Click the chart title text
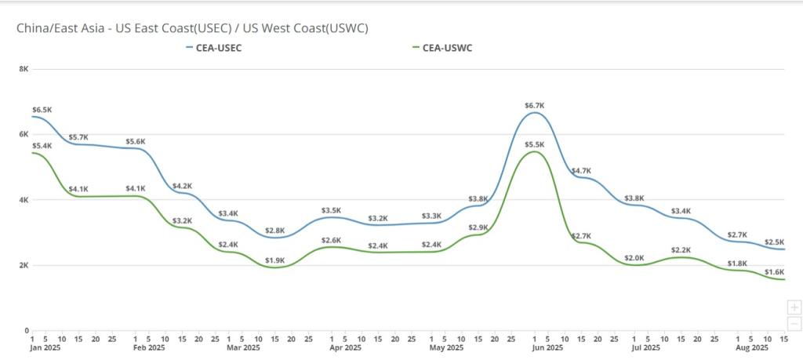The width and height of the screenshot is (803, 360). coord(193,29)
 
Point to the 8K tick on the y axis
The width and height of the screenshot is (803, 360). coord(24,69)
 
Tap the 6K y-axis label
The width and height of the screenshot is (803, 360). coord(24,134)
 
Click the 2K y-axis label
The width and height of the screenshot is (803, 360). coord(24,265)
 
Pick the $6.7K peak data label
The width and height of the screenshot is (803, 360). coord(535,105)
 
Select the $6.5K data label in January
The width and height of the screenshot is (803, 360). coord(42,110)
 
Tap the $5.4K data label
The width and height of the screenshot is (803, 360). coord(42,146)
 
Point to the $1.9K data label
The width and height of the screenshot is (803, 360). coord(274,260)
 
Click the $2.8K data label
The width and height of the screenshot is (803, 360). coord(274,231)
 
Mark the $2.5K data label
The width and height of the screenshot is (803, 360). coord(774,242)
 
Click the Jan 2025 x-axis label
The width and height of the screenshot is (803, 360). coord(44,347)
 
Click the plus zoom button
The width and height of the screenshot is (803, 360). coord(794,307)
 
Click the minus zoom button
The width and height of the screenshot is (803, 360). coord(794,323)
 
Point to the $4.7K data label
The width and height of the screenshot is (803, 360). coord(581,171)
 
